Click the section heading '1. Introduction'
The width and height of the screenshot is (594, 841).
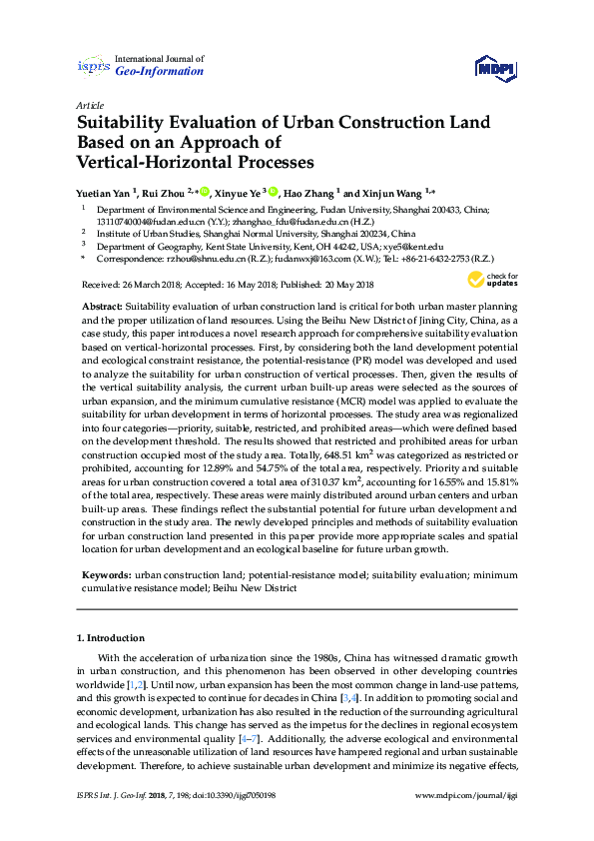[111, 637]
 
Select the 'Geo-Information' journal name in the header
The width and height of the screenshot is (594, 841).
[160, 72]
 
